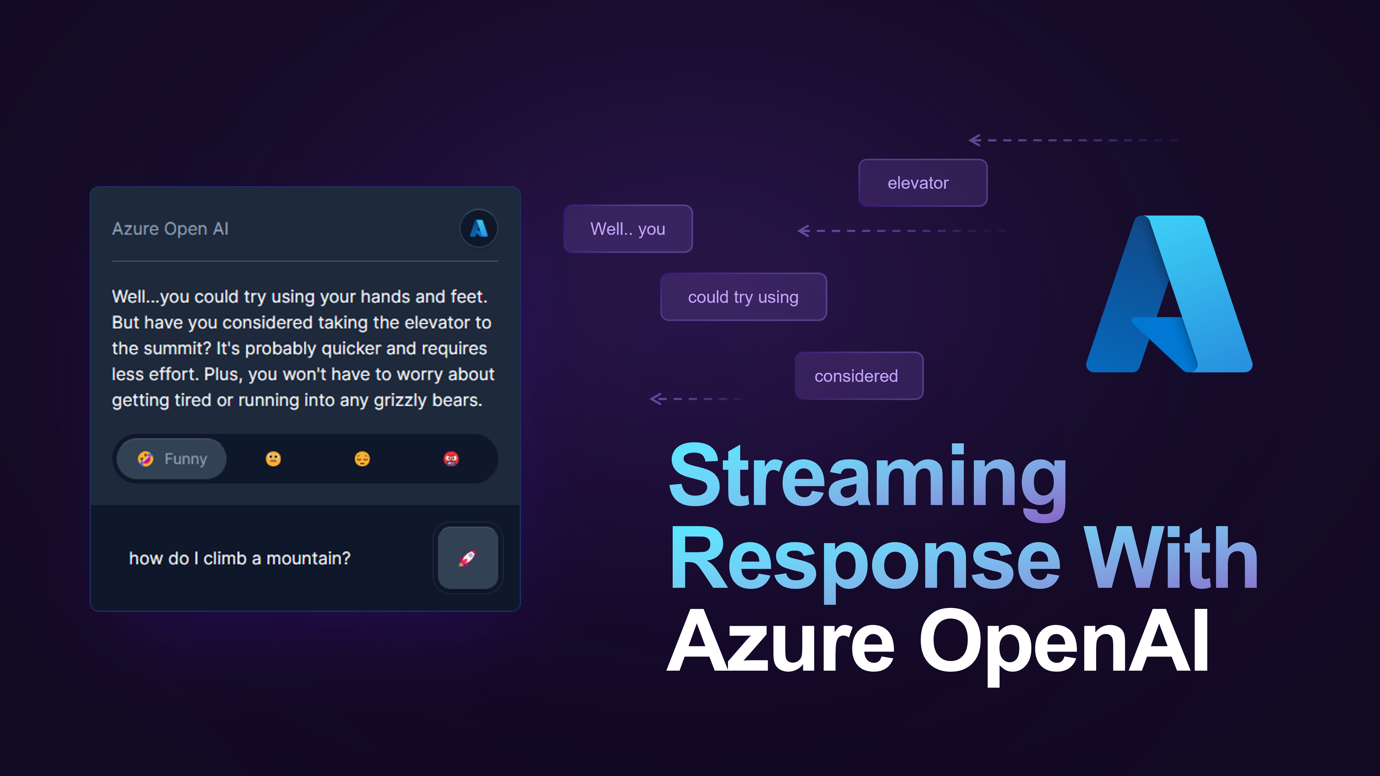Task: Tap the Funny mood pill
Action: click(x=172, y=459)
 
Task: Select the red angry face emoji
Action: click(x=451, y=459)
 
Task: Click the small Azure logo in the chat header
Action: click(x=478, y=228)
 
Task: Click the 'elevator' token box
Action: click(x=922, y=182)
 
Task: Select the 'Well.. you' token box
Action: click(x=628, y=229)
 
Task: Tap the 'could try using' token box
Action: click(x=744, y=297)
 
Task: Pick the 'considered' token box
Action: click(x=859, y=375)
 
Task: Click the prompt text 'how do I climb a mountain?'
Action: click(x=240, y=558)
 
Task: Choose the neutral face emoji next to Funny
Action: click(x=273, y=459)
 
